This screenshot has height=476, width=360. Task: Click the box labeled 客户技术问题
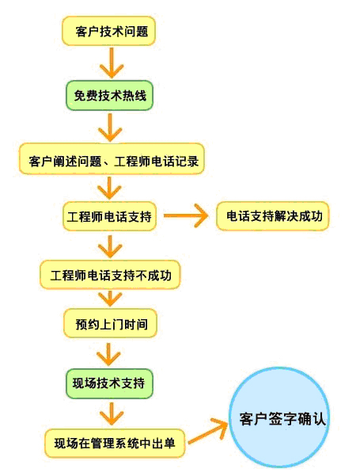tap(108, 31)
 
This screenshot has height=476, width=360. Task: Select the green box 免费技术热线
tap(109, 95)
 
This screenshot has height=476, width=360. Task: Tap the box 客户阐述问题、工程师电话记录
tap(112, 158)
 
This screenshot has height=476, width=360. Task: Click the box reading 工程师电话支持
tap(109, 216)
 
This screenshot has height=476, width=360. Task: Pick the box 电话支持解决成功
tap(272, 216)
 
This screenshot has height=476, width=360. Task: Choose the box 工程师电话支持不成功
tap(110, 275)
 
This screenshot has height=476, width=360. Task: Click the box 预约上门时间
tap(110, 323)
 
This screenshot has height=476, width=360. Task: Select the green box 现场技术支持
tap(109, 383)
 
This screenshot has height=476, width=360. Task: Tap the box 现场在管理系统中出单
tap(115, 443)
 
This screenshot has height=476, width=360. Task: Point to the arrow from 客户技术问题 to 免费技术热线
tap(112, 63)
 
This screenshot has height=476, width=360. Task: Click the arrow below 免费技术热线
tap(110, 128)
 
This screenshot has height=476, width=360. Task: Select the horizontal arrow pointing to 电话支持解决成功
tap(186, 216)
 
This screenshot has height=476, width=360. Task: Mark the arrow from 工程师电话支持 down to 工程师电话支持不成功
tap(110, 246)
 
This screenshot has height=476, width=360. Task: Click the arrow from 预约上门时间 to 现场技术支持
tap(108, 355)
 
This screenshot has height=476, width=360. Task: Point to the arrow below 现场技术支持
tap(112, 414)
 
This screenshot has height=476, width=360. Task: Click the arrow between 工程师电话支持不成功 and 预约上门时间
tap(110, 299)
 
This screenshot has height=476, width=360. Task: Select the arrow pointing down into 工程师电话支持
tap(109, 188)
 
